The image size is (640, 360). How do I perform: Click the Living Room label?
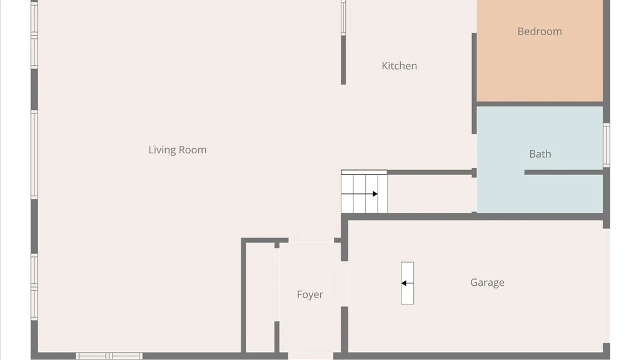[177, 150]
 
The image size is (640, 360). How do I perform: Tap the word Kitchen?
[399, 66]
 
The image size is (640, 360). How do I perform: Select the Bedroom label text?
[540, 31]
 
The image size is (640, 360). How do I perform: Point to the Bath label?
[540, 154]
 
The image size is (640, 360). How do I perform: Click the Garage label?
[487, 283]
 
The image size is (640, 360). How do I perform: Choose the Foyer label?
[310, 295]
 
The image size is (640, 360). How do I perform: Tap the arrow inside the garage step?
[407, 283]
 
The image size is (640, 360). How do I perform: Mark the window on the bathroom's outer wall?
[606, 145]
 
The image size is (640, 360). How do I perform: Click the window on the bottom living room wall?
[109, 356]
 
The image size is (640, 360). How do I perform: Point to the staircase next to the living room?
[364, 192]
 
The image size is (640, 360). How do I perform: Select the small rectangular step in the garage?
[407, 283]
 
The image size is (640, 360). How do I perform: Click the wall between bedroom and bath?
[540, 104]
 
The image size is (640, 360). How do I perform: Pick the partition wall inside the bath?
[564, 172]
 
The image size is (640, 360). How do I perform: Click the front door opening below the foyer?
[311, 356]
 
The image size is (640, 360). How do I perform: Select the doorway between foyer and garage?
[344, 284]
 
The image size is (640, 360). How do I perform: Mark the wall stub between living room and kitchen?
[343, 60]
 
